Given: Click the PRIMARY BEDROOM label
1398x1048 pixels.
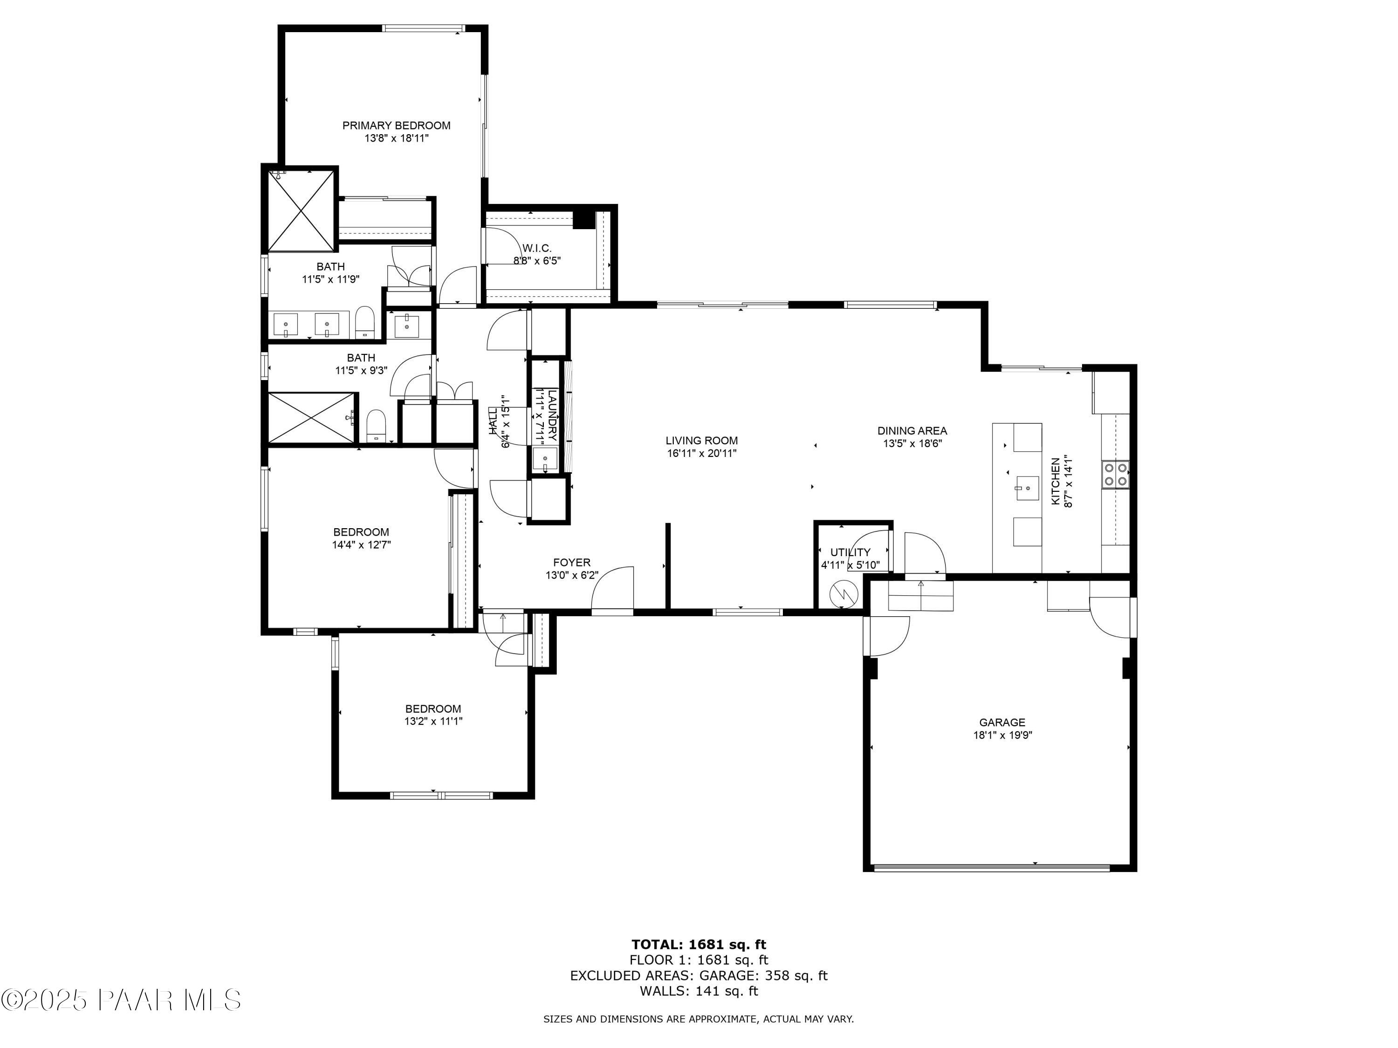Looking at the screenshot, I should (x=396, y=126).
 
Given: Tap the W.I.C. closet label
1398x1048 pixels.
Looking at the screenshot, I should (x=536, y=248).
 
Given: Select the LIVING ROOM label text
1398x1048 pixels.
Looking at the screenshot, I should (x=701, y=440).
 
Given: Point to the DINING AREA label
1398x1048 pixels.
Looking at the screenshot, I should (x=912, y=431).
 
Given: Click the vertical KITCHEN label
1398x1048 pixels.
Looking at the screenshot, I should (x=1055, y=481).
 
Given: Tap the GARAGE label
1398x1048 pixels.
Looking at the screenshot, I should (x=1002, y=722).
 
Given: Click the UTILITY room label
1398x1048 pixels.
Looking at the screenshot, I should (x=850, y=552).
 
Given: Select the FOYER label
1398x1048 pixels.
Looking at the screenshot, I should (x=571, y=562).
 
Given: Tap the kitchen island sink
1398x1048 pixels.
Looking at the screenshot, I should (x=1027, y=486).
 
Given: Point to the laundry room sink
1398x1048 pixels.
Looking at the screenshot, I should (x=544, y=459).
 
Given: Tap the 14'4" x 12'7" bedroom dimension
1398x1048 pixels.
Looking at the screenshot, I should (x=362, y=544).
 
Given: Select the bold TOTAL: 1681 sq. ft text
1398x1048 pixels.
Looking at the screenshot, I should (x=699, y=945).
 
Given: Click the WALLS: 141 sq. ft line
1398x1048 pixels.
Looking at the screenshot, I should (x=699, y=991).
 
